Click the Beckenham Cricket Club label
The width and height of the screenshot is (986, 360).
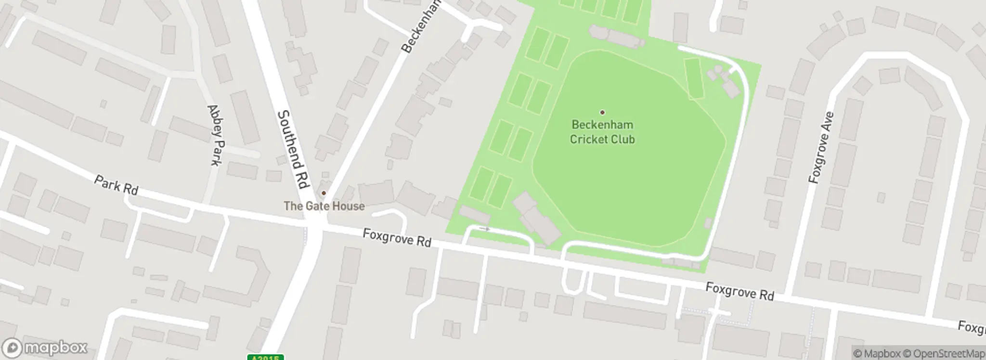coord(602,132)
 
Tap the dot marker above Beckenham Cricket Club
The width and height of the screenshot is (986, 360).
coord(602,113)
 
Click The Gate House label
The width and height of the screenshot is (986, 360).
coord(324,206)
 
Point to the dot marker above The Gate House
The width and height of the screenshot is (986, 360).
coord(324,193)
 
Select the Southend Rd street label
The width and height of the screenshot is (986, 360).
coord(293,149)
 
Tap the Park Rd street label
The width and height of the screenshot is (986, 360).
coord(116,185)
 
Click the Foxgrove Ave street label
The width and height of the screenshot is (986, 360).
coord(821,148)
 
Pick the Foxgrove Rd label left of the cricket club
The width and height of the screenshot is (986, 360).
coord(397,237)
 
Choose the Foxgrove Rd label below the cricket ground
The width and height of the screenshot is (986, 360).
coord(739,292)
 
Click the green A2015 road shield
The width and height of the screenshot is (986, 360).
coord(265,358)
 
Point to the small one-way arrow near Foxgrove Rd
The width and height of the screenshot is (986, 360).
coord(485,229)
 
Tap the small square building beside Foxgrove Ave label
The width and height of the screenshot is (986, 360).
coord(881,197)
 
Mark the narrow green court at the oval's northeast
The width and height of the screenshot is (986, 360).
coord(694,78)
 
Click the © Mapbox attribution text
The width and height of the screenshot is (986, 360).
coord(877,353)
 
